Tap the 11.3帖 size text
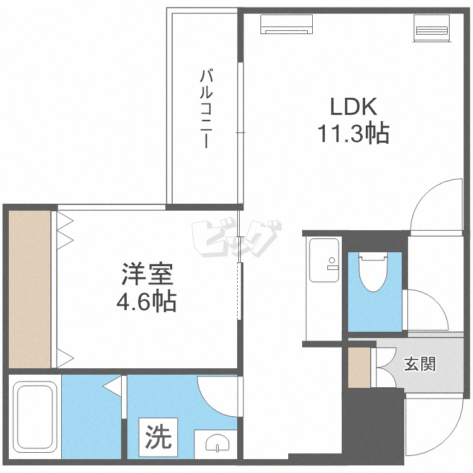(352, 134)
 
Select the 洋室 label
(146, 276)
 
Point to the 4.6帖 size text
(146, 303)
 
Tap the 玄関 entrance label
(420, 364)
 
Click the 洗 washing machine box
(159, 436)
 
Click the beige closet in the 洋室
(30, 289)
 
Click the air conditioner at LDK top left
(287, 24)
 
